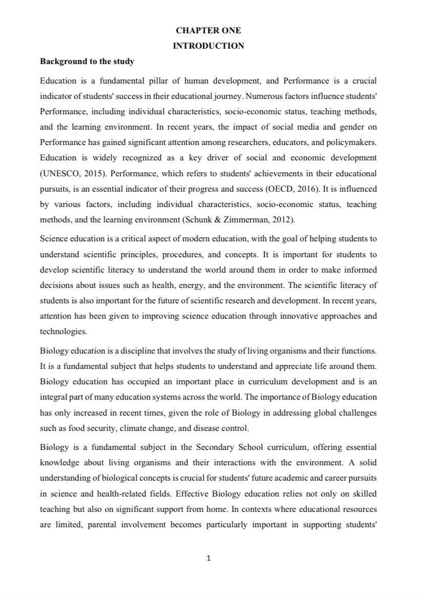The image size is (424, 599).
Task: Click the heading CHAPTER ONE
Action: (208, 31)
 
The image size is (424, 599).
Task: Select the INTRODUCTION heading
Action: (208, 46)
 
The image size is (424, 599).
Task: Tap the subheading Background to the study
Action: (87, 61)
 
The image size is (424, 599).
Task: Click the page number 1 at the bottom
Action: (208, 558)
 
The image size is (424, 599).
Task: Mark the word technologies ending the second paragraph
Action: (63, 331)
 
